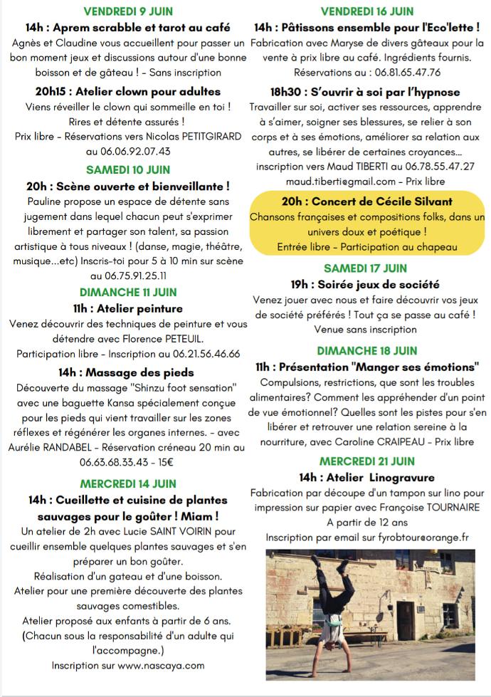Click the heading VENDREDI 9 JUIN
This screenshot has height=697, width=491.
(127, 11)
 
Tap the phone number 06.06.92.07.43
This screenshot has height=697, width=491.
(128, 151)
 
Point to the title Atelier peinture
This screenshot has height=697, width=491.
(127, 308)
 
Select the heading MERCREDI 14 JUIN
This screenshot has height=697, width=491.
(128, 483)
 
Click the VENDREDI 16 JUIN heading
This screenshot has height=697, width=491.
(367, 11)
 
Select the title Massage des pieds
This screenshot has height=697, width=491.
(127, 372)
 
